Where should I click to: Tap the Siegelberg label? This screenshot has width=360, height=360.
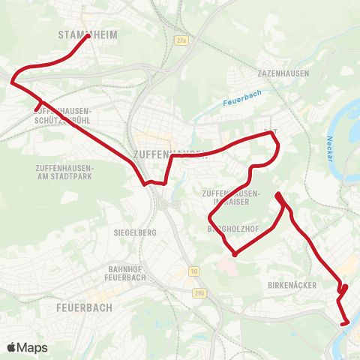(x=135, y=232)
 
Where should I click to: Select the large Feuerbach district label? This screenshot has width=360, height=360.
(x=84, y=307)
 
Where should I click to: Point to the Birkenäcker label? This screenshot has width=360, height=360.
(x=292, y=286)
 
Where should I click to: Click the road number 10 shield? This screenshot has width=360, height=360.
(x=193, y=270)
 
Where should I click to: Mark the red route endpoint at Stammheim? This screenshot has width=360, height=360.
(x=88, y=35)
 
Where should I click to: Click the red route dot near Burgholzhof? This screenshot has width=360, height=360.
(x=235, y=254)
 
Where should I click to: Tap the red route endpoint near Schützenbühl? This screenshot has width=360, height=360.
(x=36, y=110)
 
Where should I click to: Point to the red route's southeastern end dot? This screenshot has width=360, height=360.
(x=344, y=323)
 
